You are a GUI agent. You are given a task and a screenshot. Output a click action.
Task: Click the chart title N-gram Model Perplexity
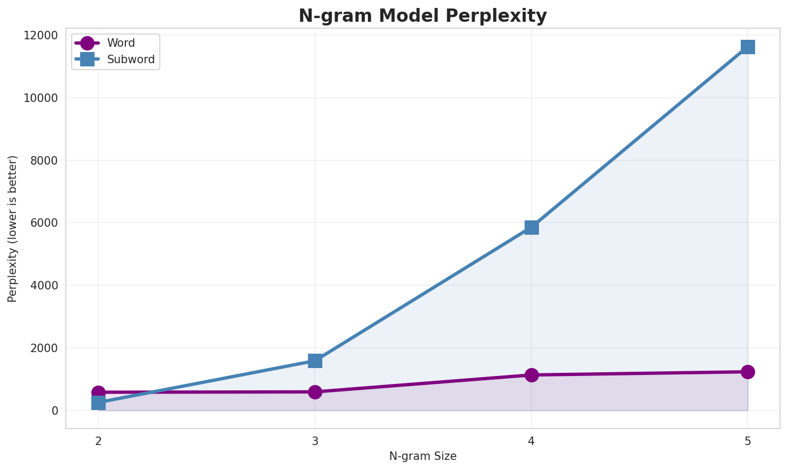pos(422,16)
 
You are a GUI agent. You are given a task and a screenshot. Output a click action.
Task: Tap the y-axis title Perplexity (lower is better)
pos(13,229)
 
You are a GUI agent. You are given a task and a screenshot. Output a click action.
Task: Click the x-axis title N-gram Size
pos(423,456)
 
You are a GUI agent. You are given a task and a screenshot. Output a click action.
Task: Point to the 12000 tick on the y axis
pos(41,36)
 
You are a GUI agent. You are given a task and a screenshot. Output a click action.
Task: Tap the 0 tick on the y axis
pos(55,411)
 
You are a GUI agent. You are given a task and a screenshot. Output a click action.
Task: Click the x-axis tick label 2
pos(98,441)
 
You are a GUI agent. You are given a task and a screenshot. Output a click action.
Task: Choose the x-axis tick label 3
pos(315,441)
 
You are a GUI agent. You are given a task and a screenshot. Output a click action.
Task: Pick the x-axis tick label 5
pos(748,441)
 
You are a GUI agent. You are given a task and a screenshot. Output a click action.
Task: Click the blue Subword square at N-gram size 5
pos(748,47)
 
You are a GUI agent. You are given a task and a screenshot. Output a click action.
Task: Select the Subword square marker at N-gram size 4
pos(532,227)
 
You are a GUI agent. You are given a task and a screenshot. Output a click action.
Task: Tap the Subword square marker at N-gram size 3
pos(315,361)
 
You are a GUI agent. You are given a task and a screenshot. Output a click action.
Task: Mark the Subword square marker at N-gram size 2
pos(98,404)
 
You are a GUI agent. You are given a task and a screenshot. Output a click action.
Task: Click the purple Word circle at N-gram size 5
pos(748,372)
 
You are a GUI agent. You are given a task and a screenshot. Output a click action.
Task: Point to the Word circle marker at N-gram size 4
pos(532,375)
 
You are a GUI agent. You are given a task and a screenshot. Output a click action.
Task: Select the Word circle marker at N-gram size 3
pos(315,392)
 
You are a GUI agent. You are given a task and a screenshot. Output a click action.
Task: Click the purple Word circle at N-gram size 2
pos(98,391)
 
